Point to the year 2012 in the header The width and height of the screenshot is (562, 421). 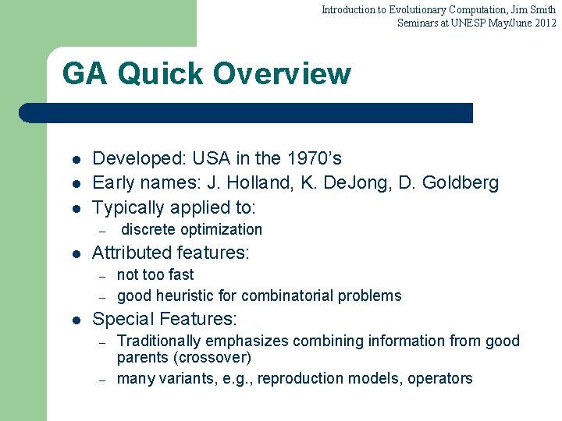pyautogui.click(x=543, y=23)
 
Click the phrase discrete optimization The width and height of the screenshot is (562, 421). pyautogui.click(x=192, y=229)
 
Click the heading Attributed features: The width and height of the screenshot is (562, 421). pyautogui.click(x=171, y=253)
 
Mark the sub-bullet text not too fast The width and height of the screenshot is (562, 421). pyautogui.click(x=155, y=274)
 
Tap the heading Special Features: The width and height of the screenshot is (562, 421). pyautogui.click(x=165, y=319)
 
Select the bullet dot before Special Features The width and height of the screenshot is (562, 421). pyautogui.click(x=75, y=320)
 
